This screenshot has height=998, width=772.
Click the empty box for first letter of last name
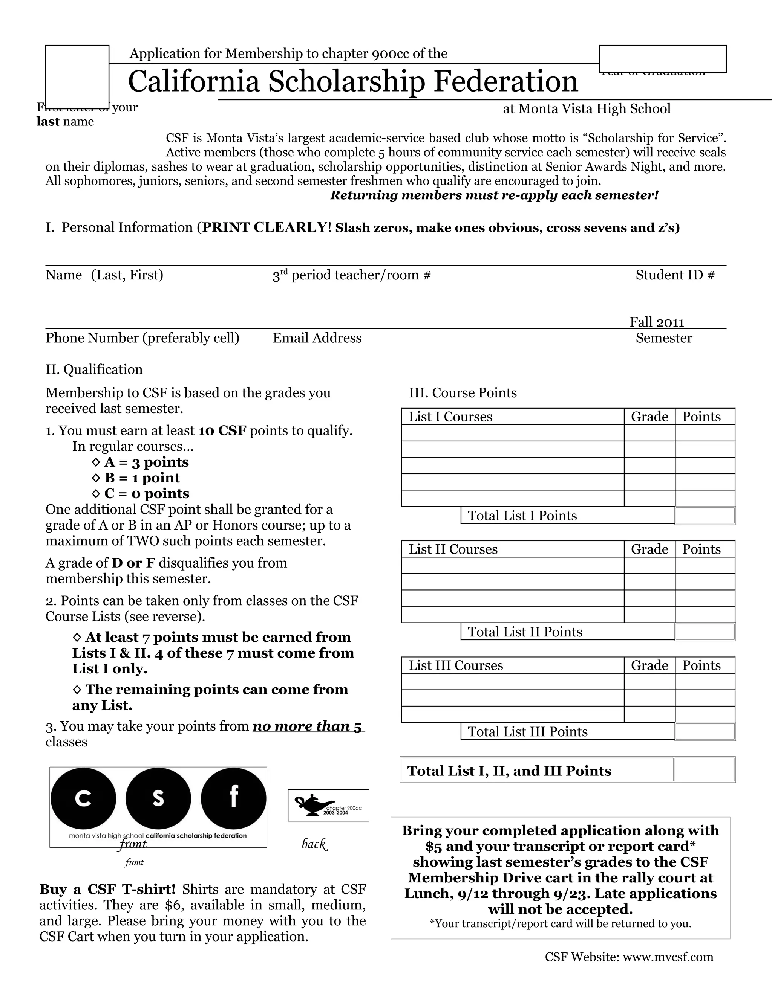click(77, 76)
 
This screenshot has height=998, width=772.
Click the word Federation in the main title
click(505, 81)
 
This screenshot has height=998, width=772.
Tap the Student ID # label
click(675, 275)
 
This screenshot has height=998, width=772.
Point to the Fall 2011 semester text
click(656, 322)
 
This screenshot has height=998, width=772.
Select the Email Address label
click(317, 338)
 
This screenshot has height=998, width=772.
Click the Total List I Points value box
click(705, 516)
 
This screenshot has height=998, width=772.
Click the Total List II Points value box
click(705, 632)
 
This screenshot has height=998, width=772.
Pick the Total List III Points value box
click(705, 732)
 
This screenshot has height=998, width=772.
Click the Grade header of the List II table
click(649, 549)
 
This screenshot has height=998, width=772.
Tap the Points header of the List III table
click(701, 665)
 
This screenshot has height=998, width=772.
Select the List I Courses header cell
click(512, 417)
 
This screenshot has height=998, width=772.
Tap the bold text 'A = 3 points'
click(146, 462)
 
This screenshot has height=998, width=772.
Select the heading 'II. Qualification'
click(94, 369)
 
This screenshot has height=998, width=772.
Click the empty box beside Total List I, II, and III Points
click(704, 771)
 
